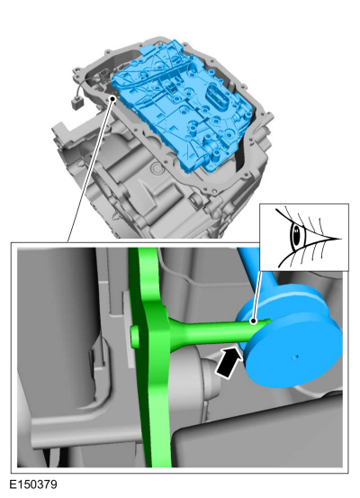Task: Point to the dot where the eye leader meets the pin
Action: pos(255,320)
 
